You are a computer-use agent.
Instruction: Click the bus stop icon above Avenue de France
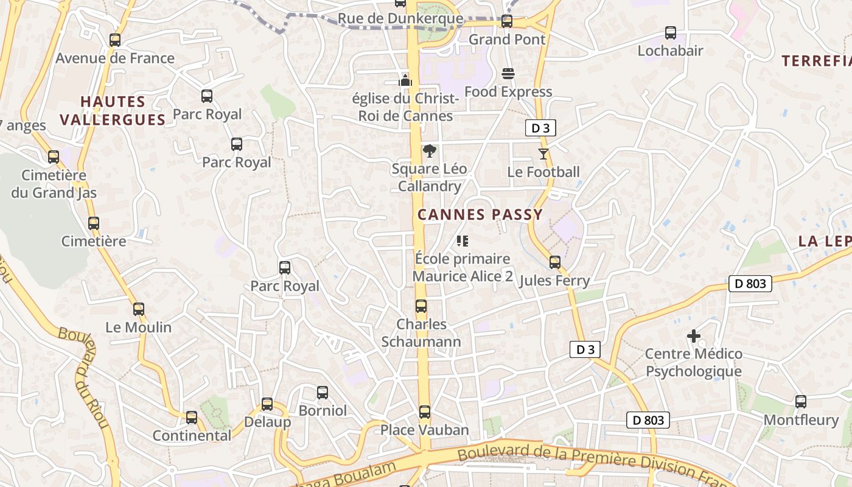(115, 40)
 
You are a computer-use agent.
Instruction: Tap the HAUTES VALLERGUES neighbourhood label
(113, 110)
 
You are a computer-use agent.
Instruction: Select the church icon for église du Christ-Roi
(405, 80)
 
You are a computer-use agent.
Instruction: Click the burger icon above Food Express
(508, 74)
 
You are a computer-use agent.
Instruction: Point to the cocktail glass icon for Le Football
(543, 154)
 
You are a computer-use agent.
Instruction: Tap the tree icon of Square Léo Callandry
(429, 151)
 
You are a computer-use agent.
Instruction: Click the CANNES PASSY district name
(480, 214)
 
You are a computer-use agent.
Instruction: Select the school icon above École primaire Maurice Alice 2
(463, 241)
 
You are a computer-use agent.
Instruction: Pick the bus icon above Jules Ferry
(554, 262)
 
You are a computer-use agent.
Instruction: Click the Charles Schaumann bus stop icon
(421, 306)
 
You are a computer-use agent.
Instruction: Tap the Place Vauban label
(424, 430)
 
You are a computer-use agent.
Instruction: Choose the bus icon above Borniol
(323, 393)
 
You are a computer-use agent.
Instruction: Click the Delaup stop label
(267, 422)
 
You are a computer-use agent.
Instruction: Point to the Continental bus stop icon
(192, 418)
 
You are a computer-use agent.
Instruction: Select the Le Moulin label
(139, 327)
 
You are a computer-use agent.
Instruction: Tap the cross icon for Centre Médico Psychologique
(693, 335)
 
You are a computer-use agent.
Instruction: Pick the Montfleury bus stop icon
(801, 402)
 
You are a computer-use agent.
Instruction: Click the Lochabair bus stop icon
(671, 33)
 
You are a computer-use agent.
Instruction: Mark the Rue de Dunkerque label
(400, 19)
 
